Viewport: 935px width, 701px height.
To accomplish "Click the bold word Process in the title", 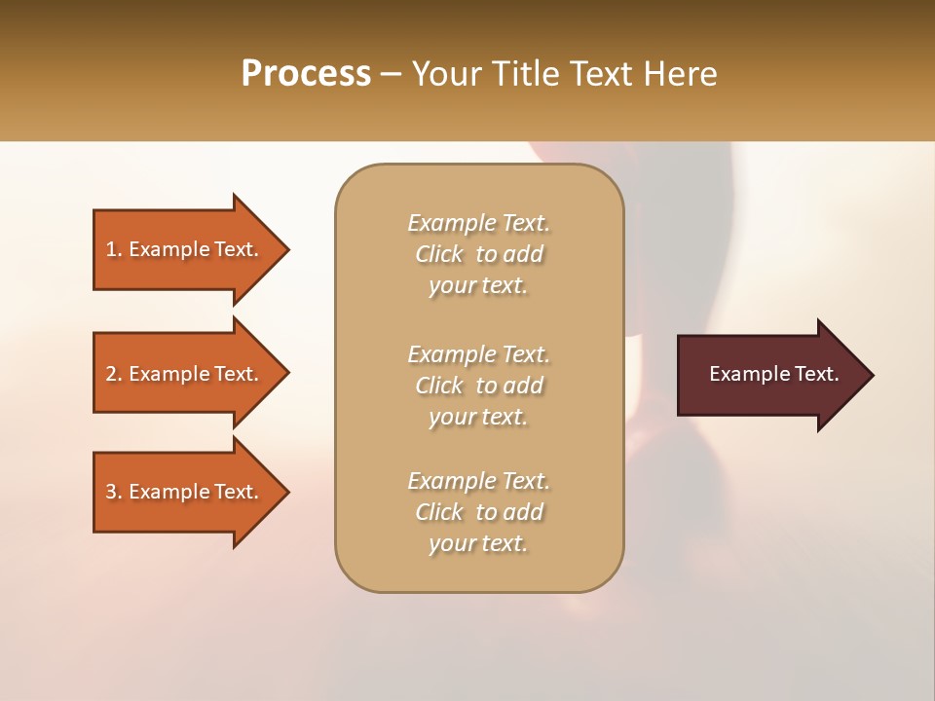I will click(306, 74).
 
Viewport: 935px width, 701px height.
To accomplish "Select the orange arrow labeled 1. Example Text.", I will click(185, 249).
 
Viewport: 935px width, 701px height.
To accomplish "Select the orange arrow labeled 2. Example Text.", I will click(185, 374).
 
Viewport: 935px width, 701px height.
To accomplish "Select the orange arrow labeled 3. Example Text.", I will click(185, 492).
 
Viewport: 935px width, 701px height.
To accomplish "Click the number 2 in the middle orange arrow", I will click(111, 374).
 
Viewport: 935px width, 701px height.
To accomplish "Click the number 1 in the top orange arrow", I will click(111, 249).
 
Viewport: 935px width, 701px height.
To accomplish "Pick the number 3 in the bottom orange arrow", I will click(111, 492).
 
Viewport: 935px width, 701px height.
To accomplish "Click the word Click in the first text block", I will click(439, 254).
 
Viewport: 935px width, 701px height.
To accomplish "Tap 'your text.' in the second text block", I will click(478, 417).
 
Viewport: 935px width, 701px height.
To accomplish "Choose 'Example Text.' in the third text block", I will click(478, 481).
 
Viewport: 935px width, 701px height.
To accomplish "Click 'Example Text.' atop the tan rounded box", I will click(478, 223).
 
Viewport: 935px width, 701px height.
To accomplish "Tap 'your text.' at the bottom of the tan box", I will click(478, 544).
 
